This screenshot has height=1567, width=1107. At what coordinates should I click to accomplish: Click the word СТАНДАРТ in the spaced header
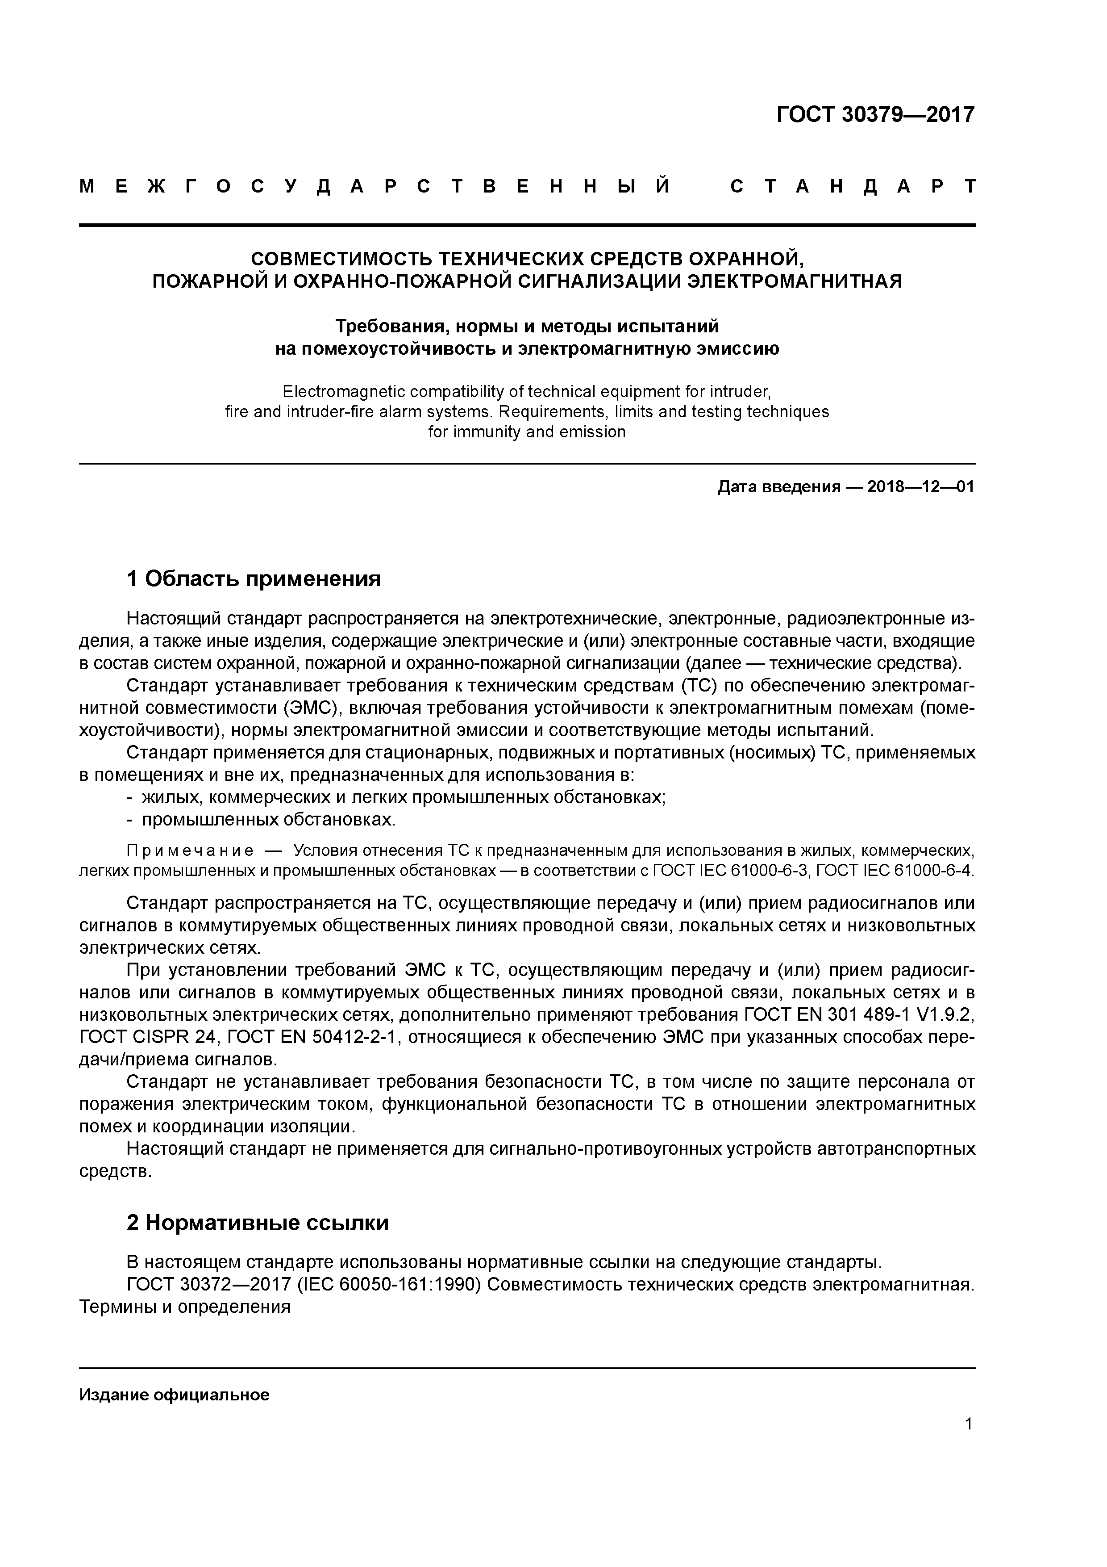pyautogui.click(x=853, y=186)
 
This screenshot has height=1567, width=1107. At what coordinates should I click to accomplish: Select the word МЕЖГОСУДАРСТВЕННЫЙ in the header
pyautogui.click(x=375, y=186)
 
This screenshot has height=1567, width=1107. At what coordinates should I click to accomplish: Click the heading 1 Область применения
pyautogui.click(x=253, y=579)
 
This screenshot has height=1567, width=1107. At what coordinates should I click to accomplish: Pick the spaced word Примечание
pyautogui.click(x=190, y=851)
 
